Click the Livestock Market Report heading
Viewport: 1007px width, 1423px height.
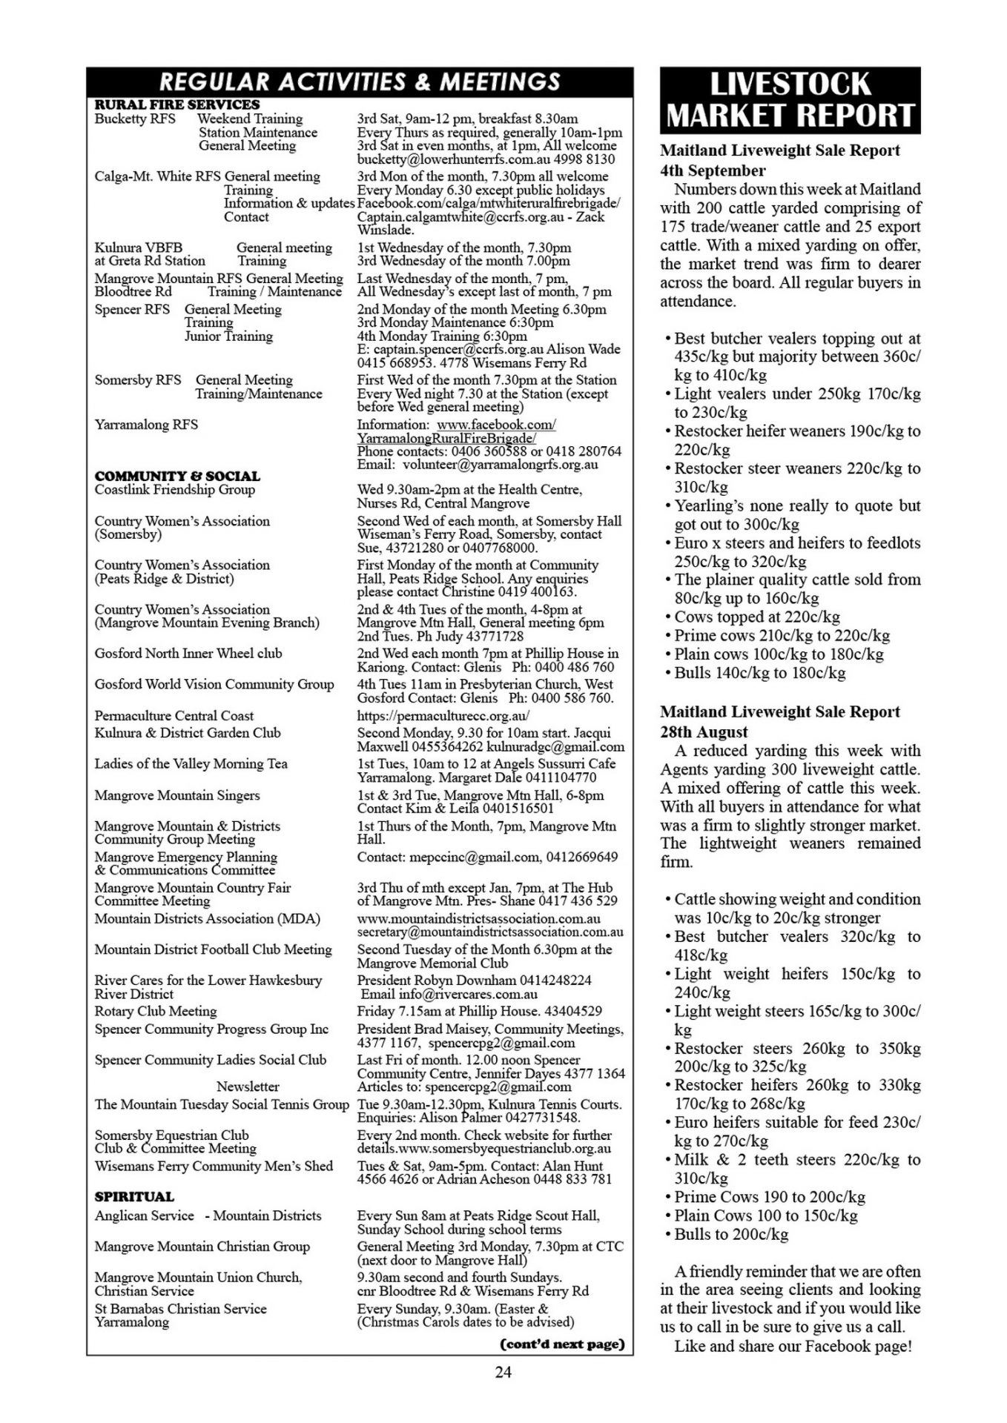(790, 100)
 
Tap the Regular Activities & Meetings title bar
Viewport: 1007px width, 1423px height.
(360, 81)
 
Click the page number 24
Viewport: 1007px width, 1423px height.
(503, 1372)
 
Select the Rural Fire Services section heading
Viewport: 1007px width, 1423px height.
(176, 105)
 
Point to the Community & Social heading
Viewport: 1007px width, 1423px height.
(177, 476)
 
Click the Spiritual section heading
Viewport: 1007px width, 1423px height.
(134, 1196)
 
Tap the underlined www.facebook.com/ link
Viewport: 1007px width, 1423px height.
(496, 425)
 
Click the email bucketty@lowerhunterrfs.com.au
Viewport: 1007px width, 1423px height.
(455, 159)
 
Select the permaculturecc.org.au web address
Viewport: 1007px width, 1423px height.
(443, 716)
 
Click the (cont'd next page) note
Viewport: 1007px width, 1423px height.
(562, 1344)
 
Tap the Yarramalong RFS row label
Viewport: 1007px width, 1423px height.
(146, 425)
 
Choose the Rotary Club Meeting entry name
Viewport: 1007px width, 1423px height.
(156, 1011)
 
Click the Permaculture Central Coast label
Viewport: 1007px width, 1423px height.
(174, 716)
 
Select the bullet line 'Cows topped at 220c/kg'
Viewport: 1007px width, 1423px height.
(756, 617)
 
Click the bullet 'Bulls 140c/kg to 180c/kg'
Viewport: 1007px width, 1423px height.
(759, 673)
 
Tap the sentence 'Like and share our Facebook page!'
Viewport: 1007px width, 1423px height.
(793, 1346)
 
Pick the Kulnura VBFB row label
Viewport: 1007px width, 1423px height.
(138, 248)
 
